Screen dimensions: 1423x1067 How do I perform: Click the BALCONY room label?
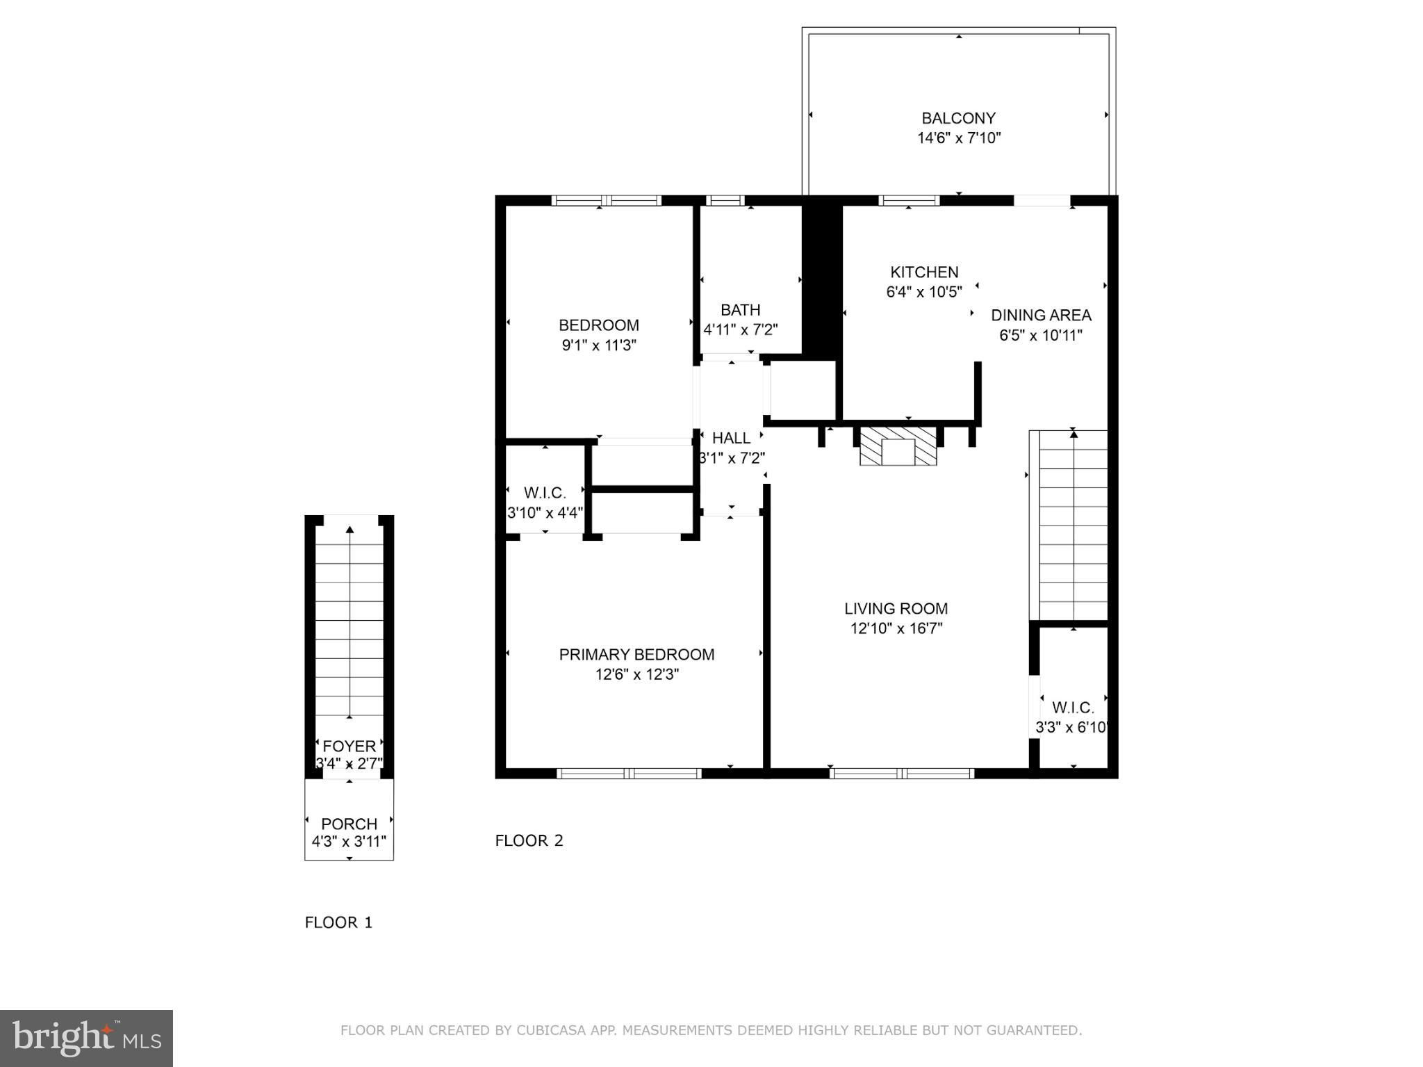point(958,118)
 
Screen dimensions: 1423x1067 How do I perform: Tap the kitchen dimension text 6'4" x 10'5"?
point(924,292)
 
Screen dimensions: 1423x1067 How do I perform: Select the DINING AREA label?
point(1041,315)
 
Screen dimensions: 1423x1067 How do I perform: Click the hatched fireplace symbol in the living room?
point(898,446)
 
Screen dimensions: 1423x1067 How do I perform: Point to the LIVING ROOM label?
point(896,608)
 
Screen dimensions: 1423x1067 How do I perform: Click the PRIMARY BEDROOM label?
point(636,654)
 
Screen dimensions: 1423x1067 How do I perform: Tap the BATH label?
point(740,309)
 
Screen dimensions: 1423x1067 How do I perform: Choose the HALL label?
point(731,438)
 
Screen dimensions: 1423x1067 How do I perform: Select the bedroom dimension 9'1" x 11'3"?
point(599,345)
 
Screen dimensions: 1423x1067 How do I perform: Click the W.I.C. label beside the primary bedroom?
point(545,493)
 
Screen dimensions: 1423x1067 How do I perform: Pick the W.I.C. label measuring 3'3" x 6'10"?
point(1073,708)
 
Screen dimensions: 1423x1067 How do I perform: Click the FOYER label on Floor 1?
point(349,746)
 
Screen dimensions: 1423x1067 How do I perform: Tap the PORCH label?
point(349,824)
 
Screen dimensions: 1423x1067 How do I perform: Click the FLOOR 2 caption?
point(529,840)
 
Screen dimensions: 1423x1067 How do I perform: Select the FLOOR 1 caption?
point(338,922)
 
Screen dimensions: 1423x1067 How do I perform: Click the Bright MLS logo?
point(86,1038)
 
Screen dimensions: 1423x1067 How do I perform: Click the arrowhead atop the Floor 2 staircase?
point(1074,434)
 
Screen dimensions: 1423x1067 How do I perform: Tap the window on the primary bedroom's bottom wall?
point(629,773)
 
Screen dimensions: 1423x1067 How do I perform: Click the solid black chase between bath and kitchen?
point(822,278)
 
